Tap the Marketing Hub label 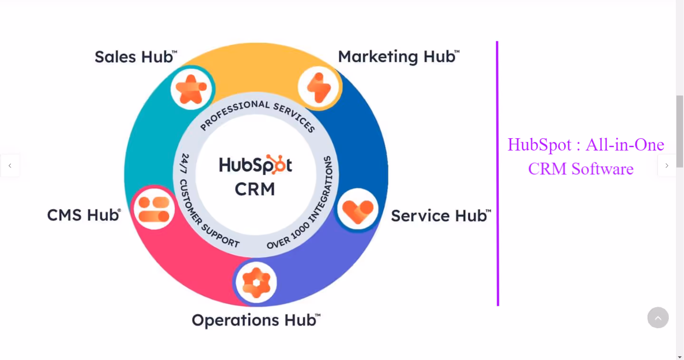pos(399,57)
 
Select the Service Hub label pos(440,216)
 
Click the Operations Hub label pos(256,320)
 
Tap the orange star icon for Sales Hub pos(191,88)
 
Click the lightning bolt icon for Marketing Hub pos(318,87)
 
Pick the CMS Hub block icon pos(154,209)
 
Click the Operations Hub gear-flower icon pos(256,283)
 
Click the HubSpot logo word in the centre pos(256,165)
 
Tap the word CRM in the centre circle pos(255,189)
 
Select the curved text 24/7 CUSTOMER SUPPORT pos(199,204)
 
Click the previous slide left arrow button pos(10,166)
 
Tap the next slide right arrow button pos(666,166)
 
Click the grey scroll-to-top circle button pos(658,318)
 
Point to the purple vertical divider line pos(497,173)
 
